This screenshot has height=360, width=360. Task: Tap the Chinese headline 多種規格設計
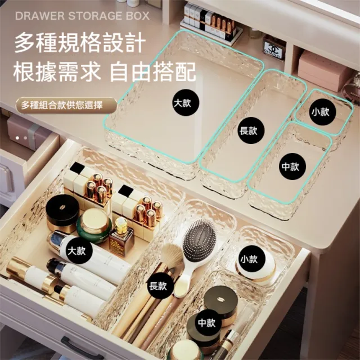pyautogui.click(x=79, y=43)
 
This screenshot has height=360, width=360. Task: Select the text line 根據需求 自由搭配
pyautogui.click(x=105, y=72)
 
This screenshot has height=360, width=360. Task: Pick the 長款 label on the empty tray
pyautogui.click(x=248, y=130)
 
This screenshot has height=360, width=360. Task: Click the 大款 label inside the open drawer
pyautogui.click(x=76, y=250)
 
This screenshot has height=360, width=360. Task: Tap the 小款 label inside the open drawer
pyautogui.click(x=248, y=259)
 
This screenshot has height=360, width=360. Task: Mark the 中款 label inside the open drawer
pyautogui.click(x=206, y=323)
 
